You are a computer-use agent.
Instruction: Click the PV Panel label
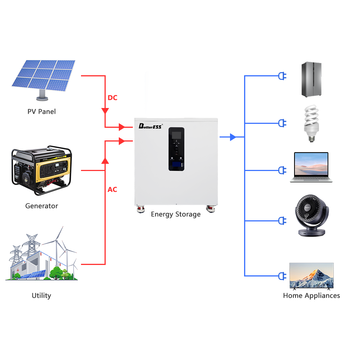(x=42, y=112)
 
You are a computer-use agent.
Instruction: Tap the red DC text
(x=112, y=98)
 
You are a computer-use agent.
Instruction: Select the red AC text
(x=112, y=189)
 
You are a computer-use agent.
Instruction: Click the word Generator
(x=41, y=206)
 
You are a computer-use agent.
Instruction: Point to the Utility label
(x=41, y=296)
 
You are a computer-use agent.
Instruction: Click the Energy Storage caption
(x=176, y=214)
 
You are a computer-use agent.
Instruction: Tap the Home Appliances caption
(x=311, y=296)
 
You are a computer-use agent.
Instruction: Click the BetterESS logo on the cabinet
(x=151, y=126)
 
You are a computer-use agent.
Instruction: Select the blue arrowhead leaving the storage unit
(x=233, y=137)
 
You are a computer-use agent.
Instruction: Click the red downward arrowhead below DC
(x=105, y=110)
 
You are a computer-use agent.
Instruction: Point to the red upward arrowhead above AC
(x=105, y=161)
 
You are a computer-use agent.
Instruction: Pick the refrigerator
(x=311, y=80)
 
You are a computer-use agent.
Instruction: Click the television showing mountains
(x=311, y=276)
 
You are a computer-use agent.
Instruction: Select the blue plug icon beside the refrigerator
(x=282, y=76)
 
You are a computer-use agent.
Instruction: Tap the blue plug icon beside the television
(x=282, y=276)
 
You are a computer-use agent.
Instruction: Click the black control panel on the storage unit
(x=176, y=149)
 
